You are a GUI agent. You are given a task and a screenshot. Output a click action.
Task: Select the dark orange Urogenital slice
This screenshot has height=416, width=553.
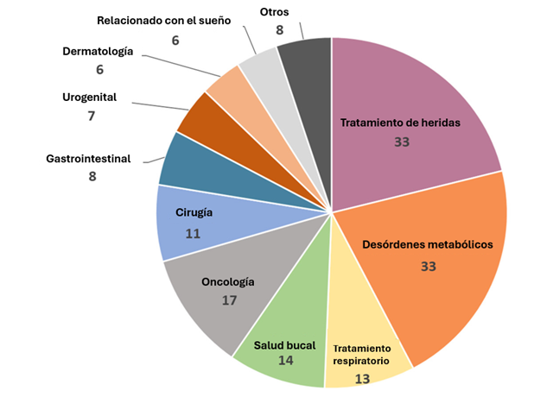click(204, 117)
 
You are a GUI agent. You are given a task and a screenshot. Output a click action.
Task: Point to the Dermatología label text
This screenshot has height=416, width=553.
click(98, 51)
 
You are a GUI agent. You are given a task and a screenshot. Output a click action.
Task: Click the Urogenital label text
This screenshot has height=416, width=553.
click(90, 97)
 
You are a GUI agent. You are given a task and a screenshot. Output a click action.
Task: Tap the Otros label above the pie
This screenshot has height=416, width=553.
click(274, 11)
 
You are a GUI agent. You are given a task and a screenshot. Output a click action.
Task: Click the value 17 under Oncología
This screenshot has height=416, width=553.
click(228, 300)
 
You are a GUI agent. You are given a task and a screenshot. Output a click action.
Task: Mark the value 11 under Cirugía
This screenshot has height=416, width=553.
click(193, 233)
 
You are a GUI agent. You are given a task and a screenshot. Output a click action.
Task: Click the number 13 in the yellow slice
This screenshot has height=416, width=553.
click(362, 378)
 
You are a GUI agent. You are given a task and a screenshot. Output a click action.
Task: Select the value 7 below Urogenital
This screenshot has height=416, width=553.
click(91, 115)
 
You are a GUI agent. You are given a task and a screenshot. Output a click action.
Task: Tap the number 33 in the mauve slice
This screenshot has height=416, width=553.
click(401, 142)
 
